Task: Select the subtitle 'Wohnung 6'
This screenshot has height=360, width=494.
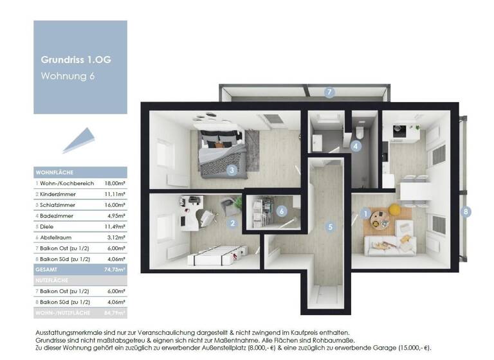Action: click(66, 76)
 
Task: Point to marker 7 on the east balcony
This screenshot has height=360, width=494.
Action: click(329, 93)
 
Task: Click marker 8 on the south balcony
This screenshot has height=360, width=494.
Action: click(466, 211)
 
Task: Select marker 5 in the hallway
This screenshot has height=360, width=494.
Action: click(330, 227)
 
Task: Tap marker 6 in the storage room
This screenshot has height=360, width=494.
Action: click(280, 210)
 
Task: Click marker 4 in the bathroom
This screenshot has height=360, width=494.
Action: click(356, 146)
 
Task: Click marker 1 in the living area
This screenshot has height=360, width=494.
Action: click(365, 213)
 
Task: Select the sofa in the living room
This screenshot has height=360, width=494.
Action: click(390, 245)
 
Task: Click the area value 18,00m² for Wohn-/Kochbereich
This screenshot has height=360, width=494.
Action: click(114, 183)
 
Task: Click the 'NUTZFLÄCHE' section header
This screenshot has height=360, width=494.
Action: click(55, 281)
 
